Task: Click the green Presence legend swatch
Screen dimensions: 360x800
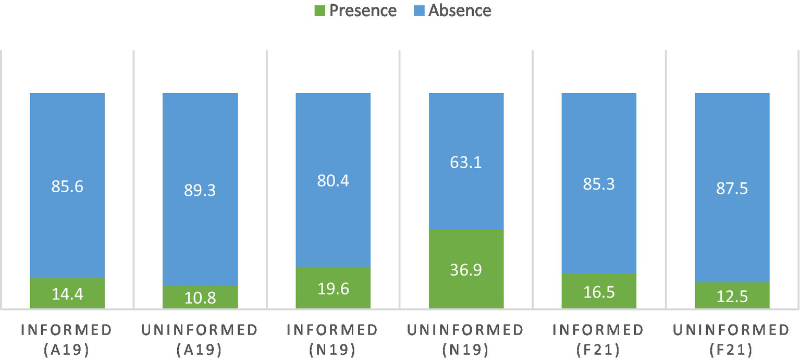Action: pyautogui.click(x=320, y=10)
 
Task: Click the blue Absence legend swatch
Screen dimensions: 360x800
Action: pyautogui.click(x=419, y=10)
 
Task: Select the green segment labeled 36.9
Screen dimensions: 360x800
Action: pyautogui.click(x=466, y=269)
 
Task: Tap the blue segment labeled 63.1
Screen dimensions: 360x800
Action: pyautogui.click(x=466, y=162)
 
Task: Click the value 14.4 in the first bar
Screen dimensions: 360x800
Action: pyautogui.click(x=67, y=294)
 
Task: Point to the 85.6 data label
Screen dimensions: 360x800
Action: pyautogui.click(x=67, y=186)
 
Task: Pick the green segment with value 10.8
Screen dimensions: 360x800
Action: pyautogui.click(x=200, y=297)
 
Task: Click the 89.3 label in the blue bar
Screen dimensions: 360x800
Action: pyautogui.click(x=200, y=190)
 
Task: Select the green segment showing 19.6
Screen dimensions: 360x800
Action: pyautogui.click(x=333, y=288)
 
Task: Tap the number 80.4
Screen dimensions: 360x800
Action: pyautogui.click(x=333, y=180)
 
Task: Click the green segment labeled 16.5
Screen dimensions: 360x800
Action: pyautogui.click(x=599, y=291)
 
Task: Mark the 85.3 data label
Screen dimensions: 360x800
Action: pyautogui.click(x=599, y=184)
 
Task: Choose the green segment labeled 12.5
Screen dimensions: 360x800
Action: pyautogui.click(x=732, y=296)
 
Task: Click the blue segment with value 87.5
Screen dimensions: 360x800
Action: pyautogui.click(x=732, y=188)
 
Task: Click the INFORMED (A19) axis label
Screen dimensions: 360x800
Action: pyautogui.click(x=67, y=340)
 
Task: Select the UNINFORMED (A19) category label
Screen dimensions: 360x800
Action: pyautogui.click(x=200, y=340)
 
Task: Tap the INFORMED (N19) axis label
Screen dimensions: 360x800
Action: pyautogui.click(x=333, y=340)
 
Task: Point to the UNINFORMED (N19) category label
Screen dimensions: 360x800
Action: pyautogui.click(x=466, y=340)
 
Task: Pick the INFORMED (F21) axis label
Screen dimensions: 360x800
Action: pyautogui.click(x=599, y=340)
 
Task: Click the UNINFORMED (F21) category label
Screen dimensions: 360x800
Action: pyautogui.click(x=732, y=340)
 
